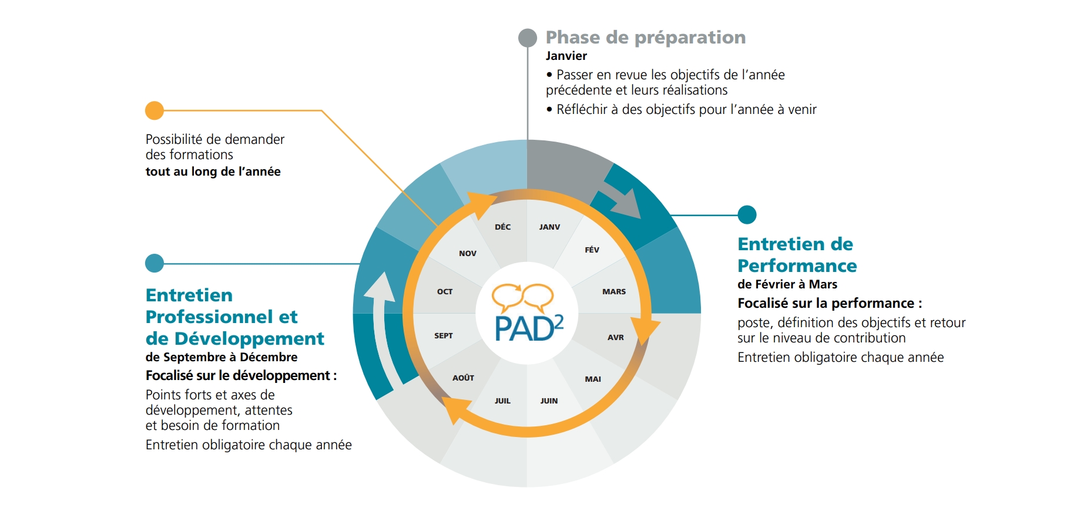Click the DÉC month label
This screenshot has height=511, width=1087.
coord(502,227)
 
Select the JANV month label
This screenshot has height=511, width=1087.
coord(549,227)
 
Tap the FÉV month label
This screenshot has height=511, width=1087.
coord(592,250)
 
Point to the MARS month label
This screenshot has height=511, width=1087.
coord(614,291)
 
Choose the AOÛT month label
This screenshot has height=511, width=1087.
coord(463,378)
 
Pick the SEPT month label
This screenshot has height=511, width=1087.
coord(444,335)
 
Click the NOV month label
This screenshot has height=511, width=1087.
coord(468,253)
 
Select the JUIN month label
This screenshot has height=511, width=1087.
coord(549,401)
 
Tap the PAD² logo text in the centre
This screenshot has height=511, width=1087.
coord(529,328)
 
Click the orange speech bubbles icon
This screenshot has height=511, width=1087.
coord(522,297)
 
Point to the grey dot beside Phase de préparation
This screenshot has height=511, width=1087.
coord(528,38)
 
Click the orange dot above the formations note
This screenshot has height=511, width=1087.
coord(155,110)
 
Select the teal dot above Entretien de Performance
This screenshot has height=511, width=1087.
coord(747,214)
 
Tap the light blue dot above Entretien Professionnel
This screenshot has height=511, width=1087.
coord(155,263)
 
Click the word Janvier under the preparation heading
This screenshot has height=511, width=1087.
coord(566,56)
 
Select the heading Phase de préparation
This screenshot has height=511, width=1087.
coord(646,37)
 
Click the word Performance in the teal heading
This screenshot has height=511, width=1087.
coord(797,265)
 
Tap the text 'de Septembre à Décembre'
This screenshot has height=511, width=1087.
coord(222,357)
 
